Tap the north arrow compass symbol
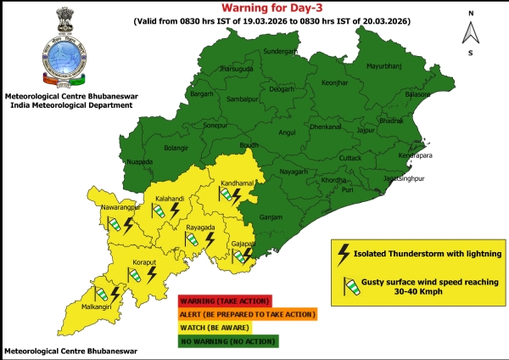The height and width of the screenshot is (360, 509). click(469, 31)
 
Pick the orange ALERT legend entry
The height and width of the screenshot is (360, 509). click(246, 314)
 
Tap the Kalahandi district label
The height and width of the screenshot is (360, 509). click(170, 199)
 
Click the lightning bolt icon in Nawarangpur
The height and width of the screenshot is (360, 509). click(128, 225)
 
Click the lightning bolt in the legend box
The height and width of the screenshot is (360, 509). click(344, 252)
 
